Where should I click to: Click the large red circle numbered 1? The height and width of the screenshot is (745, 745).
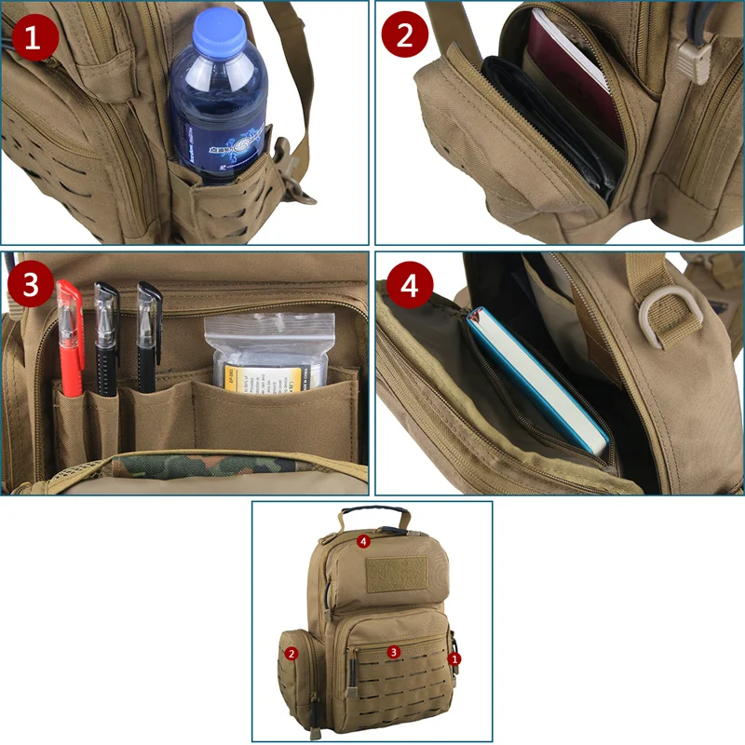[x=34, y=39]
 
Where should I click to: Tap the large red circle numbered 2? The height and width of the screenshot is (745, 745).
[x=405, y=35]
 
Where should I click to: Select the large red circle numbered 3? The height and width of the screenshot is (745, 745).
[x=32, y=285]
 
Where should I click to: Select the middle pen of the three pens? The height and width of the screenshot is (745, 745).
[x=106, y=335]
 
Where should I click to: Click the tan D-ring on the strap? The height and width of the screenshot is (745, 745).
[x=667, y=321]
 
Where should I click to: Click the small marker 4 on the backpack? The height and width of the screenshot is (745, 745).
[x=364, y=540]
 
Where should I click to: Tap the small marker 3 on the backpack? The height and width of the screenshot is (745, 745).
[x=394, y=652]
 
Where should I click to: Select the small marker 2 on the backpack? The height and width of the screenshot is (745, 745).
[x=291, y=654]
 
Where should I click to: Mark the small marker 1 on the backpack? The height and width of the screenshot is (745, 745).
[x=454, y=658]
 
